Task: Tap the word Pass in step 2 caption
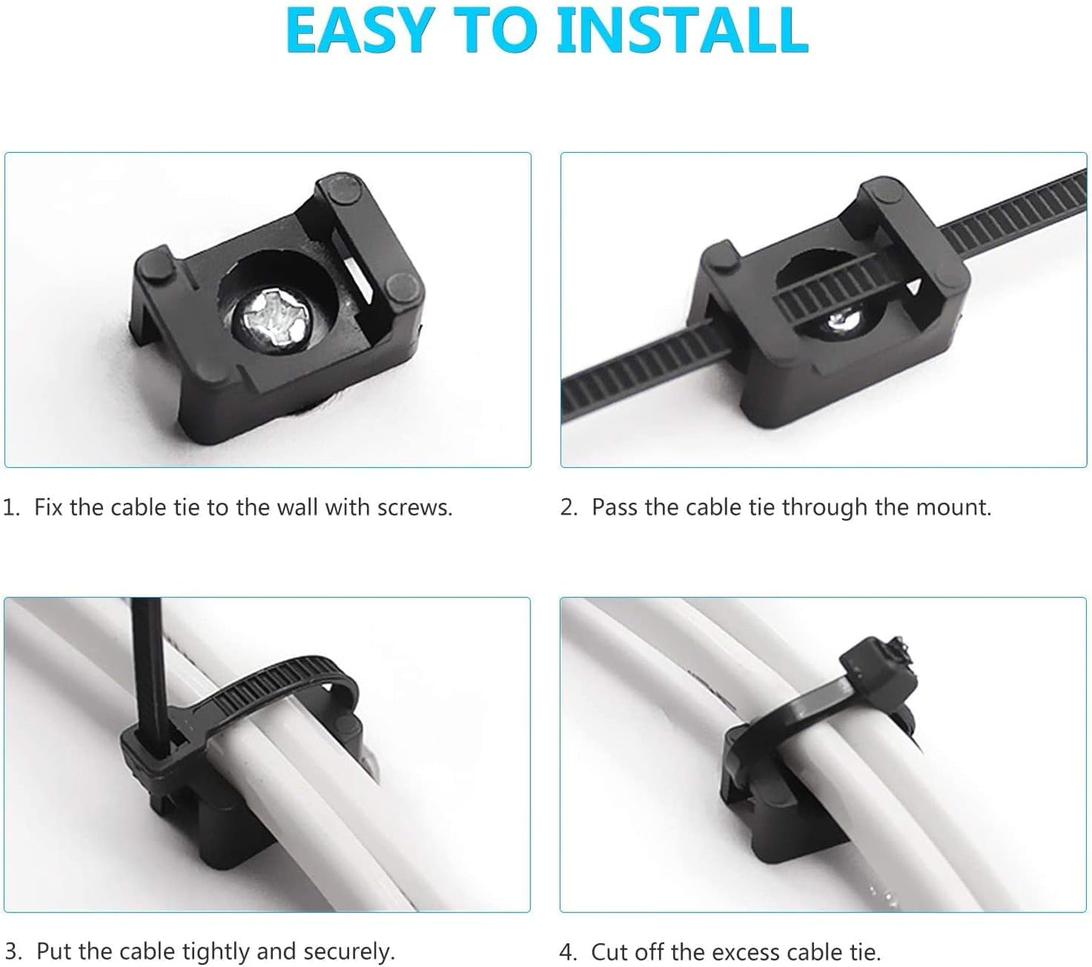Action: tap(614, 507)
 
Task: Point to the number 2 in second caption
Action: tap(566, 507)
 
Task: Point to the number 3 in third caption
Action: tap(11, 951)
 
